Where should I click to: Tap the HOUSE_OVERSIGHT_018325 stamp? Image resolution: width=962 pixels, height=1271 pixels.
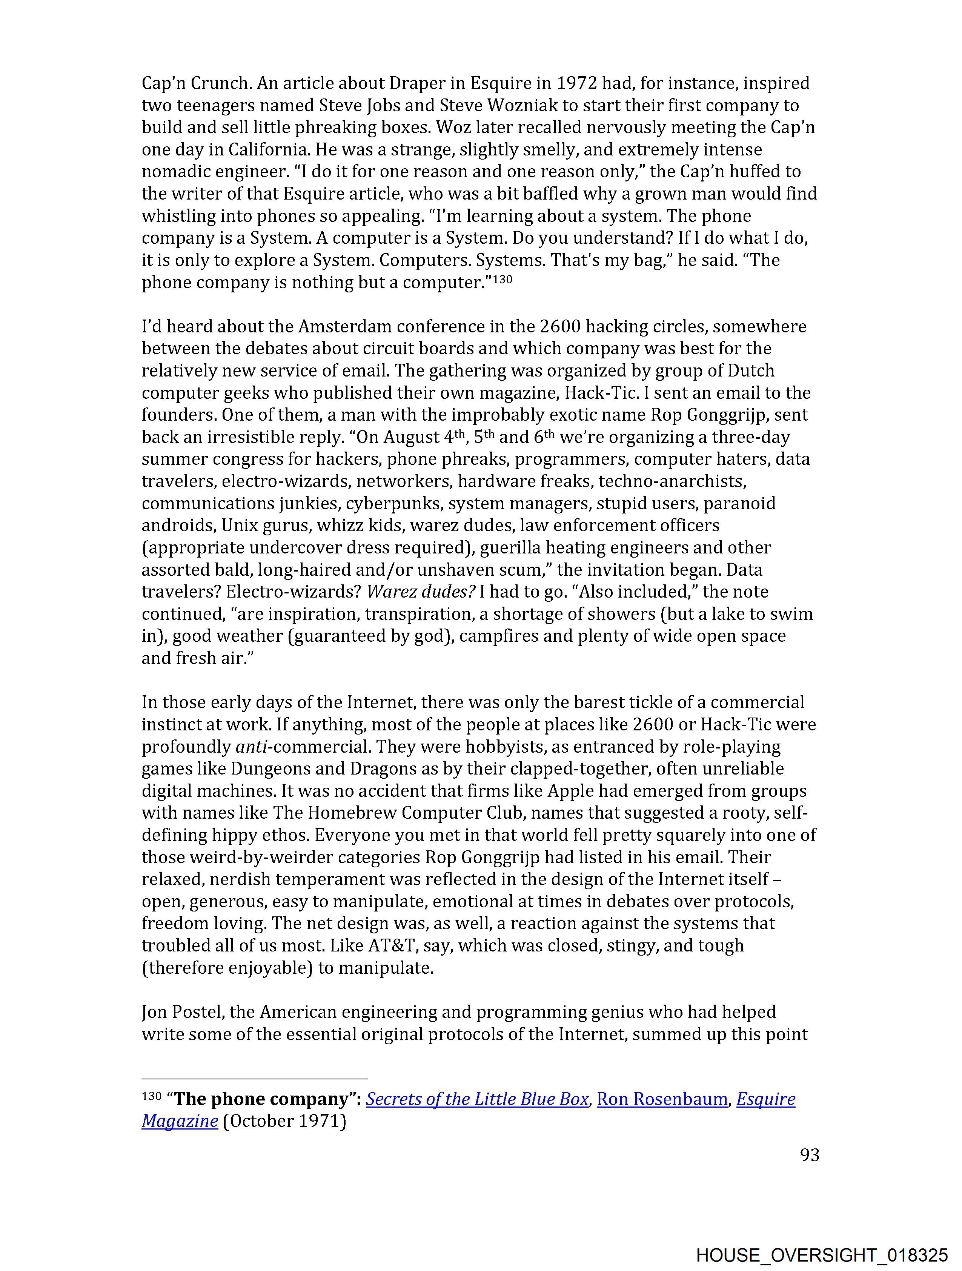pyautogui.click(x=821, y=1254)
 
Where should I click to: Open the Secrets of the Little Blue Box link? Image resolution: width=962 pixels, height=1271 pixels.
pyautogui.click(x=477, y=1099)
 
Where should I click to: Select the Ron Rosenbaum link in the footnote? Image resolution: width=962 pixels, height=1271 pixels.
pyautogui.click(x=662, y=1099)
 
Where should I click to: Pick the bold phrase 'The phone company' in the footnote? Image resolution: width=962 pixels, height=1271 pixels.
pyautogui.click(x=261, y=1099)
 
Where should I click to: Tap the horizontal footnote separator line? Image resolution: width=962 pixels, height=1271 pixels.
pyautogui.click(x=254, y=1079)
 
